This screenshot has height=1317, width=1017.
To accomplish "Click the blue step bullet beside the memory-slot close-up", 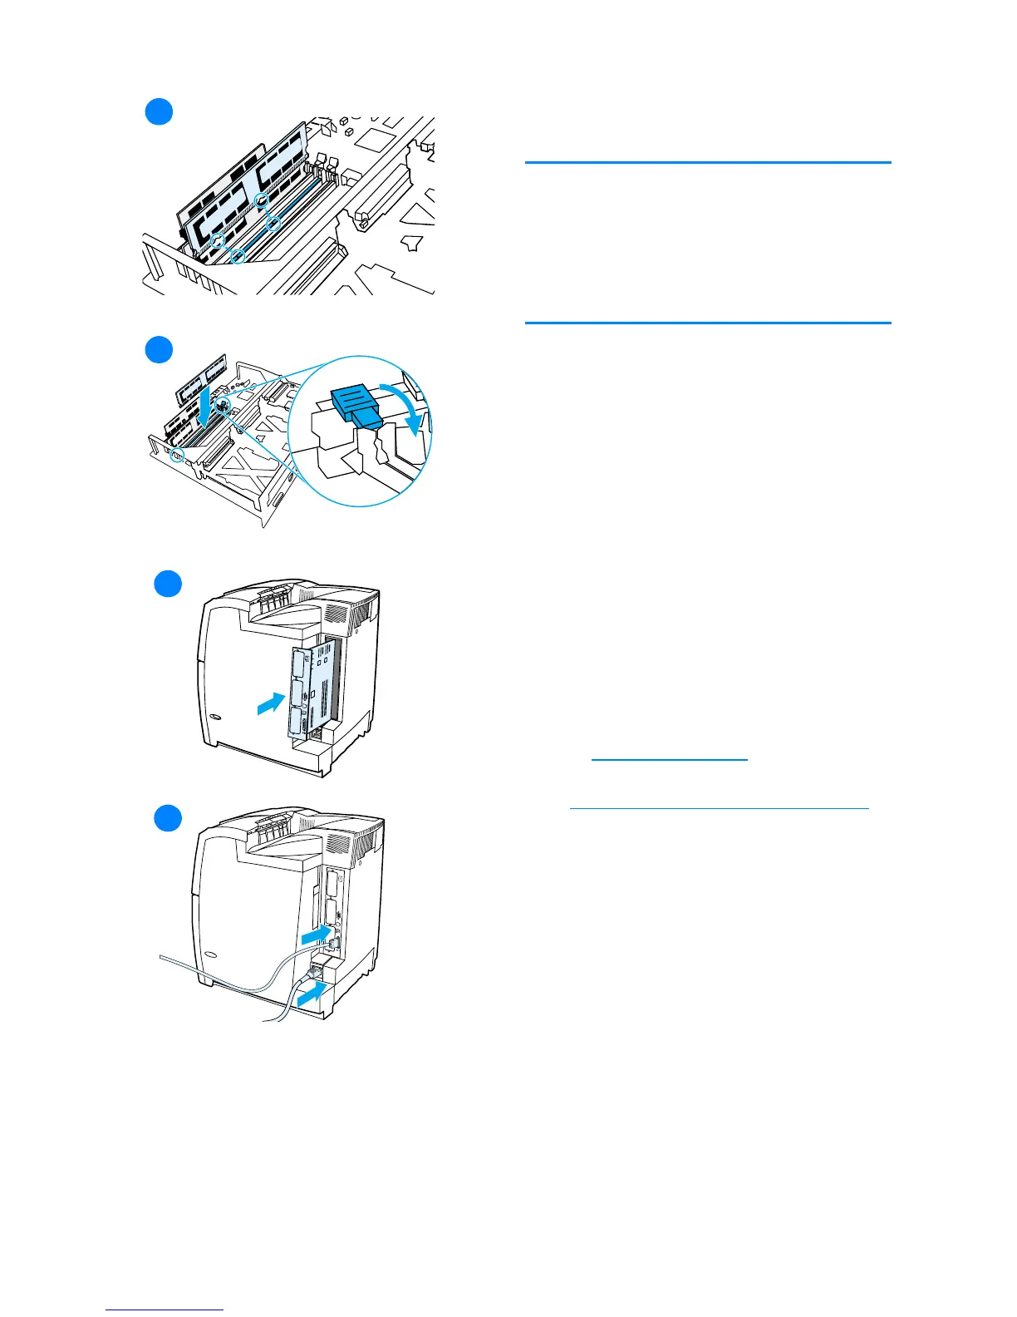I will (x=159, y=111).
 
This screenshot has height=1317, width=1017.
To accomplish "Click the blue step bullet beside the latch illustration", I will (x=159, y=349).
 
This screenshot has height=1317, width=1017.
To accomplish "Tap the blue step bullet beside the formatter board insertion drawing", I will (x=168, y=584).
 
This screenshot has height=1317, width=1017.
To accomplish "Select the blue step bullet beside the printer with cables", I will (x=168, y=818).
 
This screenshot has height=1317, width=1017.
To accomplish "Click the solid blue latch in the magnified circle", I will (x=355, y=408).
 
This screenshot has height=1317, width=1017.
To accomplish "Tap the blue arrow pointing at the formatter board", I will (x=269, y=703).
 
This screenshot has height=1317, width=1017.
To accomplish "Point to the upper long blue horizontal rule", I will (x=708, y=163).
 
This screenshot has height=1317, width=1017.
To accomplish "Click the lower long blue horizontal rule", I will (x=708, y=323).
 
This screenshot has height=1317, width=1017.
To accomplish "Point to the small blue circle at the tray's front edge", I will (x=176, y=456).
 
